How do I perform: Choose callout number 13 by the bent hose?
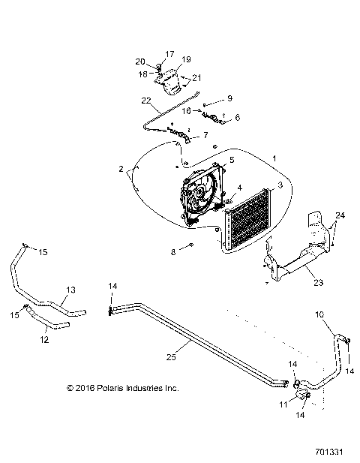[x=71, y=290]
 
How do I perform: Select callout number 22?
[x=145, y=101]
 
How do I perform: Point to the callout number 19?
[x=186, y=59]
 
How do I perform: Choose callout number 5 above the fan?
[x=232, y=160]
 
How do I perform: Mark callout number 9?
[x=230, y=98]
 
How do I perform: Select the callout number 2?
[x=121, y=170]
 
